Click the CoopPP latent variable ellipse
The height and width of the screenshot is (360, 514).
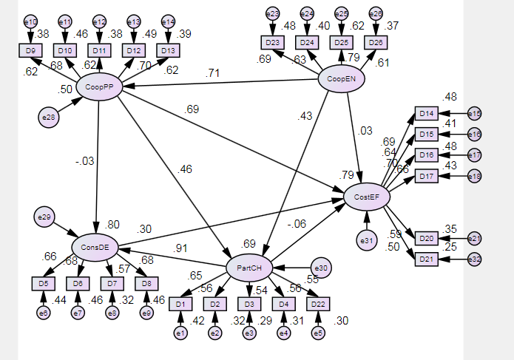pyautogui.click(x=98, y=87)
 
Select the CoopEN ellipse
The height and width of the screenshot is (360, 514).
pyautogui.click(x=342, y=79)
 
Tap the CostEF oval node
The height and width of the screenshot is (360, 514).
pyautogui.click(x=368, y=196)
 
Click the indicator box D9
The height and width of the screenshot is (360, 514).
pyautogui.click(x=30, y=50)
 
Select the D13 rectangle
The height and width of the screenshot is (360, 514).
pyautogui.click(x=168, y=50)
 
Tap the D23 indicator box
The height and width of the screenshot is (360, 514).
pyautogui.click(x=272, y=42)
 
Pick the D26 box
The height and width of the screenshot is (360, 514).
pyautogui.click(x=375, y=42)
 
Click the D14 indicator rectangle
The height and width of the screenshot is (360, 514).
pyautogui.click(x=425, y=113)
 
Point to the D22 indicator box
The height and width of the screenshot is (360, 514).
pyautogui.click(x=317, y=304)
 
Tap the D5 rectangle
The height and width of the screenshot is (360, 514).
pyautogui.click(x=43, y=283)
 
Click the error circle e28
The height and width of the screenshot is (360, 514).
pyautogui.click(x=49, y=116)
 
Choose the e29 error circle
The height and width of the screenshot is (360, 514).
pyautogui.click(x=44, y=217)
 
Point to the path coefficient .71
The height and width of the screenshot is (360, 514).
pyautogui.click(x=213, y=72)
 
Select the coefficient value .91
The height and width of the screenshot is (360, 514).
pyautogui.click(x=180, y=248)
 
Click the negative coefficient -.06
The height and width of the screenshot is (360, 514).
pyautogui.click(x=297, y=224)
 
